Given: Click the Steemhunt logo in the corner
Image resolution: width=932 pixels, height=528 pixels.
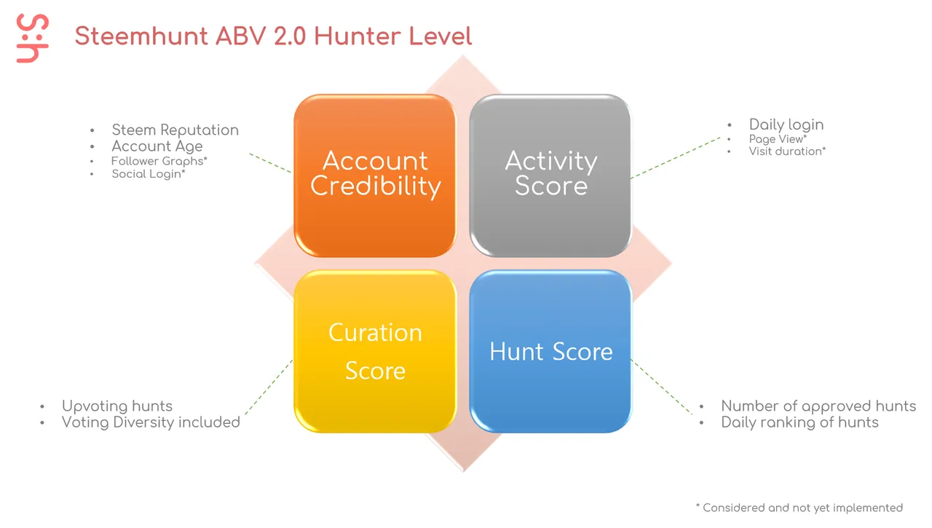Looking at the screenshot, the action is pos(33,39).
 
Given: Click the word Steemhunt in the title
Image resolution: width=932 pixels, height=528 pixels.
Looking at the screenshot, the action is pos(141,36).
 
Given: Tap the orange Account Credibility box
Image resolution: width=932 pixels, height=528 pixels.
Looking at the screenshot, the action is pos(375,176).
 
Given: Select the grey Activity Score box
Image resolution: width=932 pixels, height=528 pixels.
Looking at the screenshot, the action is pos(550,176).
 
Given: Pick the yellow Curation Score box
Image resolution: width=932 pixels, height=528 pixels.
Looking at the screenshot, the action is pos(375,352).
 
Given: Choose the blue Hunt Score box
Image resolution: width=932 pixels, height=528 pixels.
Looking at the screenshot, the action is pos(550,352).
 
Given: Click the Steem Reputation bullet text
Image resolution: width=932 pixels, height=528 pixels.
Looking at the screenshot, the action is pos(175,130).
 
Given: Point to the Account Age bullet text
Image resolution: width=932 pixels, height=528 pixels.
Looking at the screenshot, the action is pos(157,146).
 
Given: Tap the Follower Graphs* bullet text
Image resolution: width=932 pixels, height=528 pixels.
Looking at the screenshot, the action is pos(159,161).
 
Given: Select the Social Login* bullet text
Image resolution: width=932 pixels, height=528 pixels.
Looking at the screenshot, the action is pos(149,174).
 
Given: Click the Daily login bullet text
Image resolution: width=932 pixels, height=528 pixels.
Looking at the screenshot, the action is pos(786,125).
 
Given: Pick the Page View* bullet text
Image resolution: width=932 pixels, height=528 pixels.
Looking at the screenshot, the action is pos(778,139).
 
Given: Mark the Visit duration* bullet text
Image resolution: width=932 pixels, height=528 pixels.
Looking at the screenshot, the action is pos(787,151).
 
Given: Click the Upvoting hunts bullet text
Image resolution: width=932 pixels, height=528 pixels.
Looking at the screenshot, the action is pos(117,406).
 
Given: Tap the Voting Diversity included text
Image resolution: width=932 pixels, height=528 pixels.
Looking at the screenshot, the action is pos(151,422).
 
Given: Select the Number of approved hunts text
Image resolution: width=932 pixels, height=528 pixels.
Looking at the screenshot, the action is pos(818,406).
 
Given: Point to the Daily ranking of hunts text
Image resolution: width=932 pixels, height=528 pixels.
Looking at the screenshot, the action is pos(799,422).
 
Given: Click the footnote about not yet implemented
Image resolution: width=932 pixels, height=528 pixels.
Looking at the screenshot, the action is pos(799,508).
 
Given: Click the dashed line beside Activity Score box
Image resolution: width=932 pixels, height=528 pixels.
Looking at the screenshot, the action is pos(676,158).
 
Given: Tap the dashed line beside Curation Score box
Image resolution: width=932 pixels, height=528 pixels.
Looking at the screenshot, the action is pos(269,387).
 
